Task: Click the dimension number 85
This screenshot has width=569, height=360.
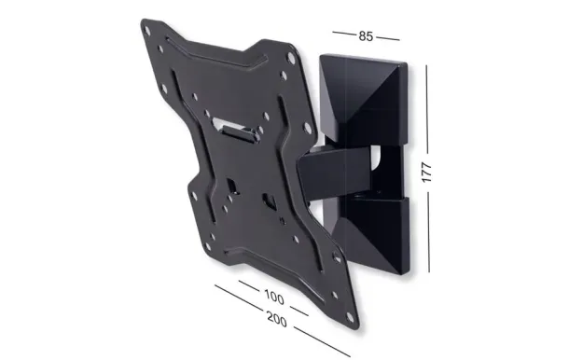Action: pyautogui.click(x=366, y=36)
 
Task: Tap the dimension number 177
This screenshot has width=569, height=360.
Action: pyautogui.click(x=427, y=173)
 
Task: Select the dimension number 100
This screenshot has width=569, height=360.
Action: pyautogui.click(x=274, y=297)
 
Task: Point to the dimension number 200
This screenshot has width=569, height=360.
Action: pyautogui.click(x=277, y=319)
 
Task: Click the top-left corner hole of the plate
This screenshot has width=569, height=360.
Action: pyautogui.click(x=146, y=31)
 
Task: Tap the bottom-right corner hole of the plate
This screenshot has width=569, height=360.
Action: pyautogui.click(x=350, y=317)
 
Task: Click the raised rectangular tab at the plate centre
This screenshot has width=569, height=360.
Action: pyautogui.click(x=241, y=133)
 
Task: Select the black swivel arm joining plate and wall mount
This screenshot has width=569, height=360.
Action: pyautogui.click(x=334, y=173)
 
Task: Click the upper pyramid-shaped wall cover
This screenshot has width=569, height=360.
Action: pyautogui.click(x=364, y=99)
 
